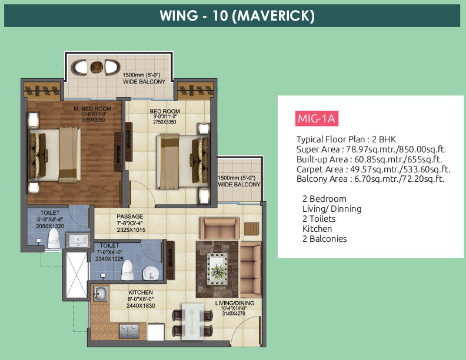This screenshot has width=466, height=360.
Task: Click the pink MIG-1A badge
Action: pyautogui.click(x=317, y=118)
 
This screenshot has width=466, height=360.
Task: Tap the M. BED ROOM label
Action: pyautogui.click(x=92, y=109)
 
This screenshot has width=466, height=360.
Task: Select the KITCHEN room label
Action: pyautogui.click(x=141, y=292)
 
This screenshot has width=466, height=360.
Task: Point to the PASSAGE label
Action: pyautogui.click(x=130, y=216)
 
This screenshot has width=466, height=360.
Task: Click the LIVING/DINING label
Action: pyautogui.click(x=235, y=303)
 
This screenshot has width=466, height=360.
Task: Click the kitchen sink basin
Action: pyautogui.click(x=100, y=293)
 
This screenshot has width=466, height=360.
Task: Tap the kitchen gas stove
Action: pyautogui.click(x=129, y=331)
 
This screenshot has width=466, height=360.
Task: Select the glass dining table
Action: pyautogui.click(x=192, y=321)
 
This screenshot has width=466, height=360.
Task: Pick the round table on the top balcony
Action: pyautogui.click(x=96, y=67)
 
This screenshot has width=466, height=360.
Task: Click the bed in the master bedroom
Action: pyautogui.click(x=55, y=155)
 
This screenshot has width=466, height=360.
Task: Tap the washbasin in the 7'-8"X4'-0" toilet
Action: pyautogui.click(x=149, y=274)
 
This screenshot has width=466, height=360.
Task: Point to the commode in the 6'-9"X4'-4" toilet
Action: pyautogui.click(x=54, y=238)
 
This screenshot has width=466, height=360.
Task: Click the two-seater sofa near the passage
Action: pyautogui.click(x=220, y=228)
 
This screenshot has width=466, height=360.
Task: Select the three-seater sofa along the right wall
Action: pyautogui.click(x=251, y=269)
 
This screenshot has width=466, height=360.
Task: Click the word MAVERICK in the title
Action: pyautogui.click(x=275, y=16)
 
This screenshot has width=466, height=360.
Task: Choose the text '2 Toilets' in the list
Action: pyautogui.click(x=319, y=219)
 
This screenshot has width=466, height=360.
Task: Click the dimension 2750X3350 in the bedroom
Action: pyautogui.click(x=164, y=122)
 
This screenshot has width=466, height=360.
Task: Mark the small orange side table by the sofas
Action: pyautogui.click(x=251, y=229)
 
